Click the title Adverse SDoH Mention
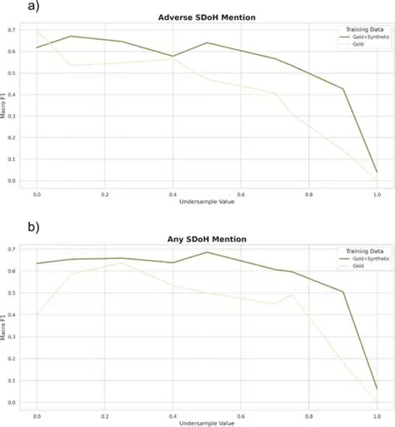pos(207,17)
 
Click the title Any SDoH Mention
pos(207,240)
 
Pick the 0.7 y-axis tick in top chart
pos(24,30)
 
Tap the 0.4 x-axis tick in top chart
pos(172,194)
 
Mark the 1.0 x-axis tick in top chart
pos(377,194)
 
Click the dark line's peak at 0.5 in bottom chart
pos(207,252)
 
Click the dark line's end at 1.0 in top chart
pos(377,172)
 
